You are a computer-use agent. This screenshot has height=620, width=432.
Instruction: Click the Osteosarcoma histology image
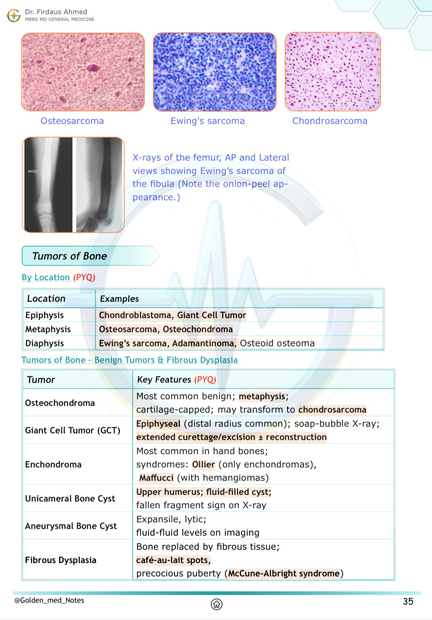pos(83,72)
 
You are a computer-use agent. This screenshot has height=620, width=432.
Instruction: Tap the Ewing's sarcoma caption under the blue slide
pos(207,121)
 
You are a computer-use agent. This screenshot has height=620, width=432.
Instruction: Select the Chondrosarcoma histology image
pos(332,72)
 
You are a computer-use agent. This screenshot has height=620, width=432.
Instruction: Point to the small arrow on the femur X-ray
pos(33,171)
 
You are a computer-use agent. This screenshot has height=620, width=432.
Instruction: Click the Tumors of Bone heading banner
pos(70,256)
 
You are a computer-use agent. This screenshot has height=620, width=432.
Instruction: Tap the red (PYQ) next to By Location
pos(84,277)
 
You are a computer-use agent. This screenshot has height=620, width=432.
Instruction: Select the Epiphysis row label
pos(44,315)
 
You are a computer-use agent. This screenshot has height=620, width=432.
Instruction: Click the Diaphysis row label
pos(44,343)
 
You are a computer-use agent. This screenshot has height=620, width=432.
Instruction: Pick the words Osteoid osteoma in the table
pos(277,343)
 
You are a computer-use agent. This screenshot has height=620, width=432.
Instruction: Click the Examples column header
pos(119,299)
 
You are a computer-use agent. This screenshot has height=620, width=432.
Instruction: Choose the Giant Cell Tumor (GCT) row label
pos(73,430)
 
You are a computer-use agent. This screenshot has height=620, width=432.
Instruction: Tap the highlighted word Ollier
pos(203,464)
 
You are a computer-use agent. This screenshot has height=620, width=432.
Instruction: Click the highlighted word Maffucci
pos(156,478)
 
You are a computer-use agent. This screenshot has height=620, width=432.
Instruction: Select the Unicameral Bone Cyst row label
pos(70,498)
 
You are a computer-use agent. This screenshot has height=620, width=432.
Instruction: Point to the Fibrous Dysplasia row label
pos(61,560)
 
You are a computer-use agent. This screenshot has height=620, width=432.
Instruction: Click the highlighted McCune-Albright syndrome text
pos(284,573)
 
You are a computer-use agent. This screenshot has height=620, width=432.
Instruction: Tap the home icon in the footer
pos(217,604)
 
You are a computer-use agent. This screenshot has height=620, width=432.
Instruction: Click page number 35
pos(408,601)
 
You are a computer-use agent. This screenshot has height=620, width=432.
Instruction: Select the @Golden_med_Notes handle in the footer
pos(49,600)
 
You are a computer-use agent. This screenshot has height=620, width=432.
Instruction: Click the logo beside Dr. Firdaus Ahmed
pos(14,15)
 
